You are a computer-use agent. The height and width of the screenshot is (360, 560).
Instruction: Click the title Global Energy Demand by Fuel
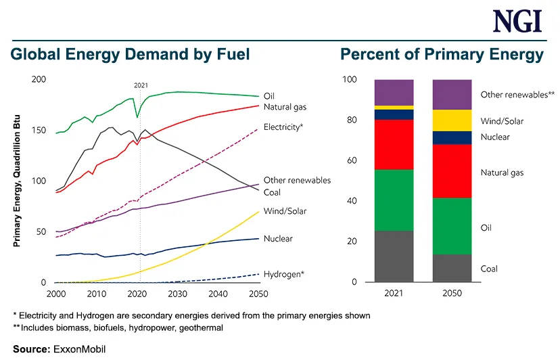[x=130, y=54]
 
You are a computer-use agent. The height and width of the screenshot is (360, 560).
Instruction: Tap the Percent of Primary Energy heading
[x=442, y=54]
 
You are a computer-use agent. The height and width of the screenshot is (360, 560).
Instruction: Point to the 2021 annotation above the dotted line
[x=141, y=85]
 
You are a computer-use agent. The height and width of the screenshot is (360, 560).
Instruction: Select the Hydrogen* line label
[x=283, y=273]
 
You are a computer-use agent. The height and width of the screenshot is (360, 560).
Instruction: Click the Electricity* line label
[x=283, y=127]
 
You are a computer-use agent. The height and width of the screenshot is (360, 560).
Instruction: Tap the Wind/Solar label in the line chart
[x=285, y=211]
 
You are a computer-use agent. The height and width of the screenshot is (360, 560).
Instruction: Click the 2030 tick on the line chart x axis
[x=178, y=294]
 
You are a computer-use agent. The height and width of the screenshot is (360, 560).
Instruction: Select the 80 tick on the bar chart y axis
[x=350, y=120]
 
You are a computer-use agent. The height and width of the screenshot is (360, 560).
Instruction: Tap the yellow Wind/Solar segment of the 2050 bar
[x=452, y=120]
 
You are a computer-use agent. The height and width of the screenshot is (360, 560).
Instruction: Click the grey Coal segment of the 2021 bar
[x=394, y=256]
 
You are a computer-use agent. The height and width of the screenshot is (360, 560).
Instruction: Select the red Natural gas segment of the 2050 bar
[x=452, y=171]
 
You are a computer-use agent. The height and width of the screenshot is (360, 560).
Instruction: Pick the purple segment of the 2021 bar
[x=394, y=92]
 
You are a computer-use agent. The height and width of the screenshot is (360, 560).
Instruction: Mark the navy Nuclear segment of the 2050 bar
[x=452, y=137]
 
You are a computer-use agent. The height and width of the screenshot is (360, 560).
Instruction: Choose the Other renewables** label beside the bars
[x=517, y=95]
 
